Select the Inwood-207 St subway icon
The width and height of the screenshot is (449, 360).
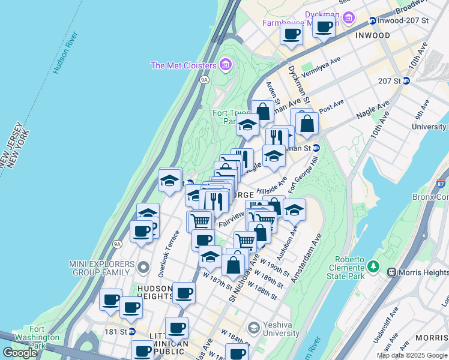(x=372, y=20)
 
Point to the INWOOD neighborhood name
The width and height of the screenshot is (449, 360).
(x=372, y=35)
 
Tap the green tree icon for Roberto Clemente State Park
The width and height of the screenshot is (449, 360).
(x=373, y=265)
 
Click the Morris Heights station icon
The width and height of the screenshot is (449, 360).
(x=392, y=272)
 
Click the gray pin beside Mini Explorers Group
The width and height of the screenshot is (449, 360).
(x=143, y=266)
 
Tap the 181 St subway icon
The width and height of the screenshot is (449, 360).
(x=131, y=331)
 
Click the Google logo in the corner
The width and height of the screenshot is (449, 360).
(x=20, y=353)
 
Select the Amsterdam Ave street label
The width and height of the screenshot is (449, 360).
(x=307, y=259)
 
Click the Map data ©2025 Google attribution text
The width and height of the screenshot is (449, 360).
(x=411, y=355)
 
